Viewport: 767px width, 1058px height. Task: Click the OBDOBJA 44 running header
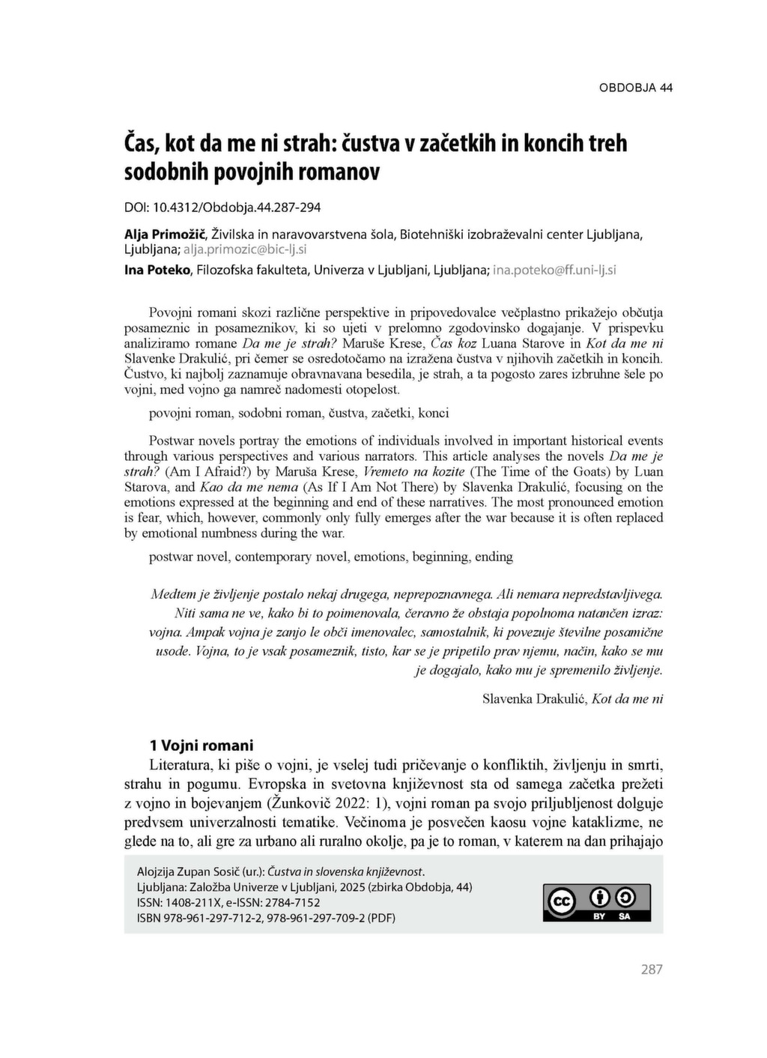click(x=635, y=88)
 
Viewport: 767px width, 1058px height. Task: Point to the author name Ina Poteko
click(x=156, y=270)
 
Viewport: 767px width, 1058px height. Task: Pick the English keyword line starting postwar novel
click(x=331, y=557)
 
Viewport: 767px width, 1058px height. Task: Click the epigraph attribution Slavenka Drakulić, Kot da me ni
click(x=572, y=699)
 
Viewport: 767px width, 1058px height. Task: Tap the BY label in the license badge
click(x=599, y=916)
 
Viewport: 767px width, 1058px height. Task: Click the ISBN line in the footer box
click(x=266, y=917)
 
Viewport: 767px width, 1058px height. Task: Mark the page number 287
click(x=652, y=970)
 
